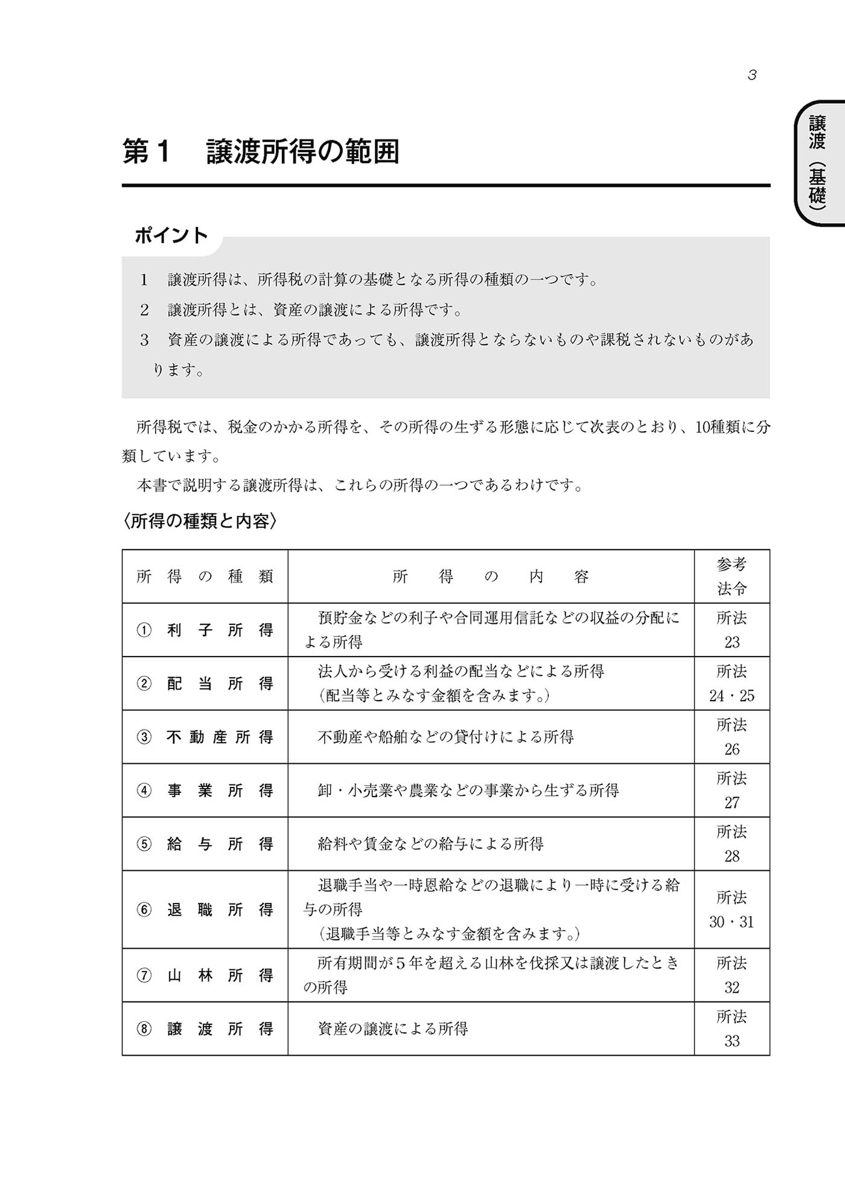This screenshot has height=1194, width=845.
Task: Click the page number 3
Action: pos(752,75)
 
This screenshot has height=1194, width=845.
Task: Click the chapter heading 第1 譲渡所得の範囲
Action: pos(261,152)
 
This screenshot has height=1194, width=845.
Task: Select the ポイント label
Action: pos(171,235)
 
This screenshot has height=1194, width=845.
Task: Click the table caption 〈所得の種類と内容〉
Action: pos(200,521)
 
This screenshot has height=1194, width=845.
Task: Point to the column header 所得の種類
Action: pos(205,577)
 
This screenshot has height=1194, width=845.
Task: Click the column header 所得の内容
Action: pos(491,577)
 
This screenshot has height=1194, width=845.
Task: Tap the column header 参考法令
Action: pos(732,577)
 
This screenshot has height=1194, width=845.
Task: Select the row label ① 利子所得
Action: pos(205,630)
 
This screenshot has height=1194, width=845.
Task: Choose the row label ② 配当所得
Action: pos(205,684)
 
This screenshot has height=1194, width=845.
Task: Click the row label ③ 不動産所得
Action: pos(205,737)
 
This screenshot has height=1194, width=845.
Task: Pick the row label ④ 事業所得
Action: pos(205,791)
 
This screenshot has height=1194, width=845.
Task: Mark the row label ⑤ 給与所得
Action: pos(205,844)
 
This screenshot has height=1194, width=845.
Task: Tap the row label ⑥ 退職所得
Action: pos(205,910)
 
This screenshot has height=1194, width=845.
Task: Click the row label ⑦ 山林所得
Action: pos(205,975)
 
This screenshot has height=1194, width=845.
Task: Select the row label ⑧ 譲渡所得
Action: pos(205,1029)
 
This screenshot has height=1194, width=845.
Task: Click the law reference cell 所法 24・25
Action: pos(732,684)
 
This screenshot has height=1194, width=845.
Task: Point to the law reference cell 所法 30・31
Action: pos(732,910)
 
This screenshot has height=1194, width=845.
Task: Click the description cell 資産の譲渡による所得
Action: pos(393,1029)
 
